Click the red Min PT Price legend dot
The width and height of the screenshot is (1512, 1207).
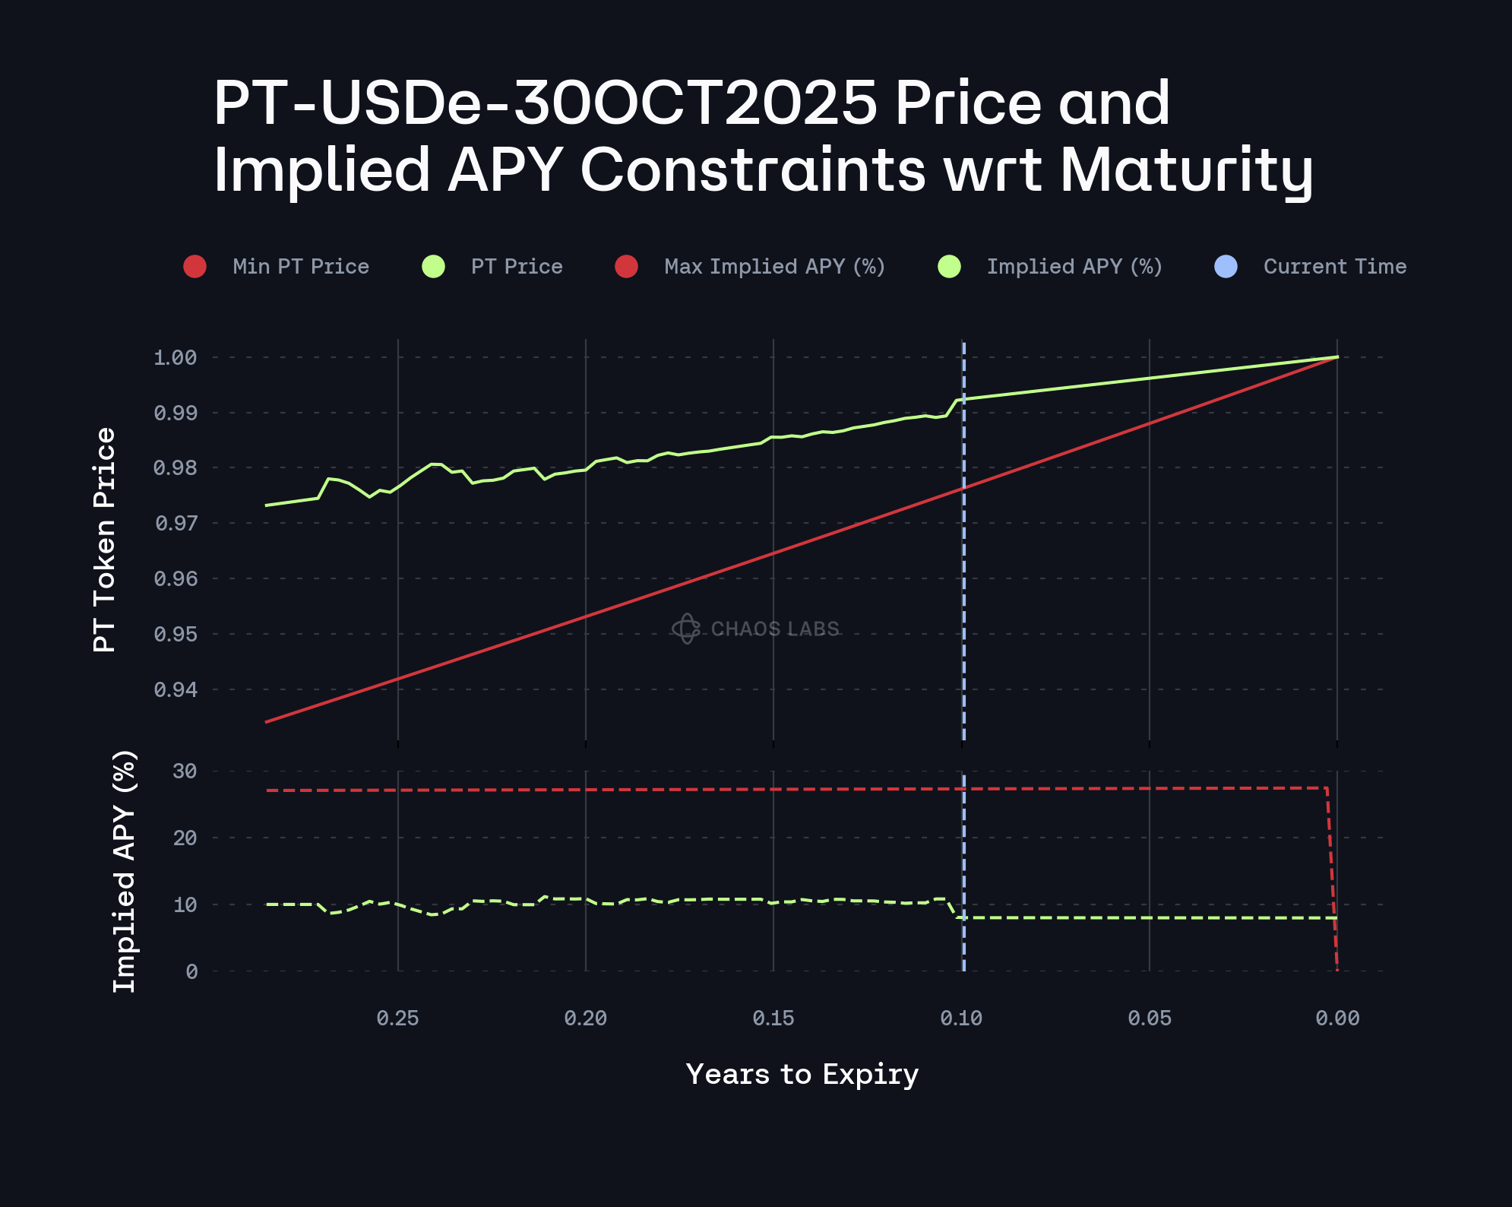(195, 267)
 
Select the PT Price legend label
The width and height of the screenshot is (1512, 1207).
(517, 267)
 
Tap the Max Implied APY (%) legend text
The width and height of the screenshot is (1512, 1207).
(774, 267)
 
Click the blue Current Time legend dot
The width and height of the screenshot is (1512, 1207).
(1226, 267)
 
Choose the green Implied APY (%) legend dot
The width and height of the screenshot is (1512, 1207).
(949, 267)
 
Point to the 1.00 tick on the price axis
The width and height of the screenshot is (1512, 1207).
(176, 357)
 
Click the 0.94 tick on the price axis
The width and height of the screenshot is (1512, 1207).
(176, 689)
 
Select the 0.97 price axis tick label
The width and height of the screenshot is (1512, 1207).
(176, 523)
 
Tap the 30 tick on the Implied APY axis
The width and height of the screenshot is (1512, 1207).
(185, 771)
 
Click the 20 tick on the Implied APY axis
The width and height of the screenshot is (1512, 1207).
(185, 838)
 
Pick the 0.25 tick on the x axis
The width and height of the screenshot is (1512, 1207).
(397, 1019)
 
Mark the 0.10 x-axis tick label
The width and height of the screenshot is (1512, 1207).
(961, 1019)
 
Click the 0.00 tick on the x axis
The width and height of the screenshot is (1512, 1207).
(1337, 1019)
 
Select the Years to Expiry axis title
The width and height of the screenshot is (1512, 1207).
(802, 1074)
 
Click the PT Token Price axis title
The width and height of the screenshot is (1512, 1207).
(104, 540)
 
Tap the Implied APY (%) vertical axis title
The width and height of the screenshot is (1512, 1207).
(124, 871)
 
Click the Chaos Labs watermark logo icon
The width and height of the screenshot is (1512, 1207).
(686, 629)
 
